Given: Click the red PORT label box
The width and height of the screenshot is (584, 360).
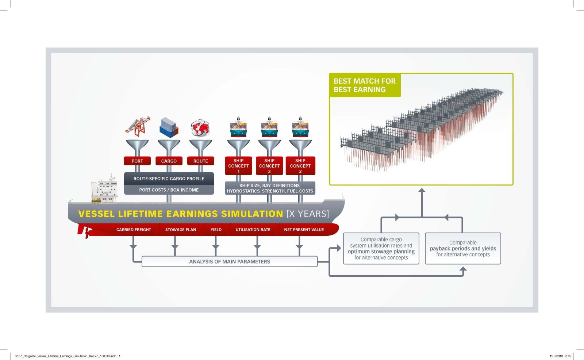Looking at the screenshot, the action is [x=137, y=161].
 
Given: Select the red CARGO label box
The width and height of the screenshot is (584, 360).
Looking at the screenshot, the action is [x=169, y=161].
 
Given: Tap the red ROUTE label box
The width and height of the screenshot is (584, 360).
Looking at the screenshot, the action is [x=200, y=161].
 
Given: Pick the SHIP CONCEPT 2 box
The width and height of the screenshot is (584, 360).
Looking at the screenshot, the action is [x=269, y=166].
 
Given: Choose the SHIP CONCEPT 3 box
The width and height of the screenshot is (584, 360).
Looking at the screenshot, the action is [x=300, y=166].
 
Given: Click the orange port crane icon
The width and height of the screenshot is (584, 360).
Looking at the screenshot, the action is [x=138, y=127].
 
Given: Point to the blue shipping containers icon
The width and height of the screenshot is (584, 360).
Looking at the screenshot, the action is [x=169, y=127].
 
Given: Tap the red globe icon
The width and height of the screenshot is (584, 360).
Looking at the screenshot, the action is [x=200, y=128].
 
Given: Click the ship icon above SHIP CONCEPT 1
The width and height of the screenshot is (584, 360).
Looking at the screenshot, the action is [x=238, y=127].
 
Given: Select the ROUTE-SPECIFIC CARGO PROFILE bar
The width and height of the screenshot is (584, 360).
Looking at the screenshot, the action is [x=169, y=179].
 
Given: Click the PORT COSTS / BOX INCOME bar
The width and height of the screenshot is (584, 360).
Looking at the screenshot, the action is [x=169, y=189].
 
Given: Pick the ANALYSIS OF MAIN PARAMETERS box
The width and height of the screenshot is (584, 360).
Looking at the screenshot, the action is [x=230, y=261].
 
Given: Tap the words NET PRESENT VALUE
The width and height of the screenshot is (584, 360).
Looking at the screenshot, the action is [x=304, y=230].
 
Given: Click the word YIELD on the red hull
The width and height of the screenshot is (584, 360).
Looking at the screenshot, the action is [x=216, y=230].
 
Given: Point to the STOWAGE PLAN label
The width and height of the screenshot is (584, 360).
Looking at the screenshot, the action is [x=181, y=230].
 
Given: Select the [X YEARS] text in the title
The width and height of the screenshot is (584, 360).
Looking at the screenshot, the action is [x=308, y=214].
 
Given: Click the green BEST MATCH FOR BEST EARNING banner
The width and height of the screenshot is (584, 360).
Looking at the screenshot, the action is [x=365, y=85].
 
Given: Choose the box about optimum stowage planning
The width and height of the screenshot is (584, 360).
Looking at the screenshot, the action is [x=381, y=248].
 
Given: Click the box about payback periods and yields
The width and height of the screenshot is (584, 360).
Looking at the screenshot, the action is [x=463, y=248].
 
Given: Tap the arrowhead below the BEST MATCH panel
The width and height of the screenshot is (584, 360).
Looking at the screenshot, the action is [x=422, y=190].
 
